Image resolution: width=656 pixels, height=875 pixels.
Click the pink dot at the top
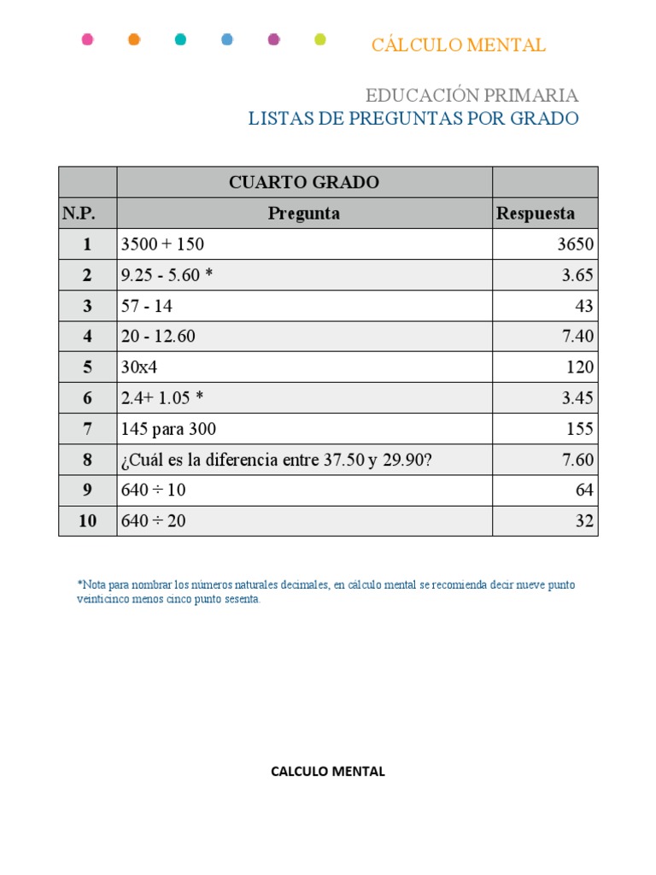point(87,39)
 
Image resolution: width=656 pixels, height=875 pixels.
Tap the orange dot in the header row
point(134,39)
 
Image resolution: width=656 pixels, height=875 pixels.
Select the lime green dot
point(320,39)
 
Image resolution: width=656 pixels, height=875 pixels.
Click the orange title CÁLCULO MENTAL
point(458,45)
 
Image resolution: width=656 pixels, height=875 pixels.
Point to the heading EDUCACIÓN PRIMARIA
point(471,95)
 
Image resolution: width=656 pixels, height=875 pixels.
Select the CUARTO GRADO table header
point(304,182)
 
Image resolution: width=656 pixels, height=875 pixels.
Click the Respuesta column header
point(536,214)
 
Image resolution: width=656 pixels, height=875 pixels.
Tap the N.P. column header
point(78,214)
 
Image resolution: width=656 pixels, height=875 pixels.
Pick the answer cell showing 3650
point(575,244)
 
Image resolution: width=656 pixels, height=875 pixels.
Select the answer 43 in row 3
point(584,306)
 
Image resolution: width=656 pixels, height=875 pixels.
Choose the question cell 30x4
point(141,367)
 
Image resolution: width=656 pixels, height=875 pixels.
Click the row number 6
point(87,398)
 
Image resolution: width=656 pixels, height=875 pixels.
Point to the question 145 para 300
point(168,429)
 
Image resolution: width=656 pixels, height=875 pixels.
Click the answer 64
point(584,490)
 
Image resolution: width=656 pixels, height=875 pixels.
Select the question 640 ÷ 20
point(154,521)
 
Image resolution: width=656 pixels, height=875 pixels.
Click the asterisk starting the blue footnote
point(80,584)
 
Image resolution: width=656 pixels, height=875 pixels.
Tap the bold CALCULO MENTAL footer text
point(328,772)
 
